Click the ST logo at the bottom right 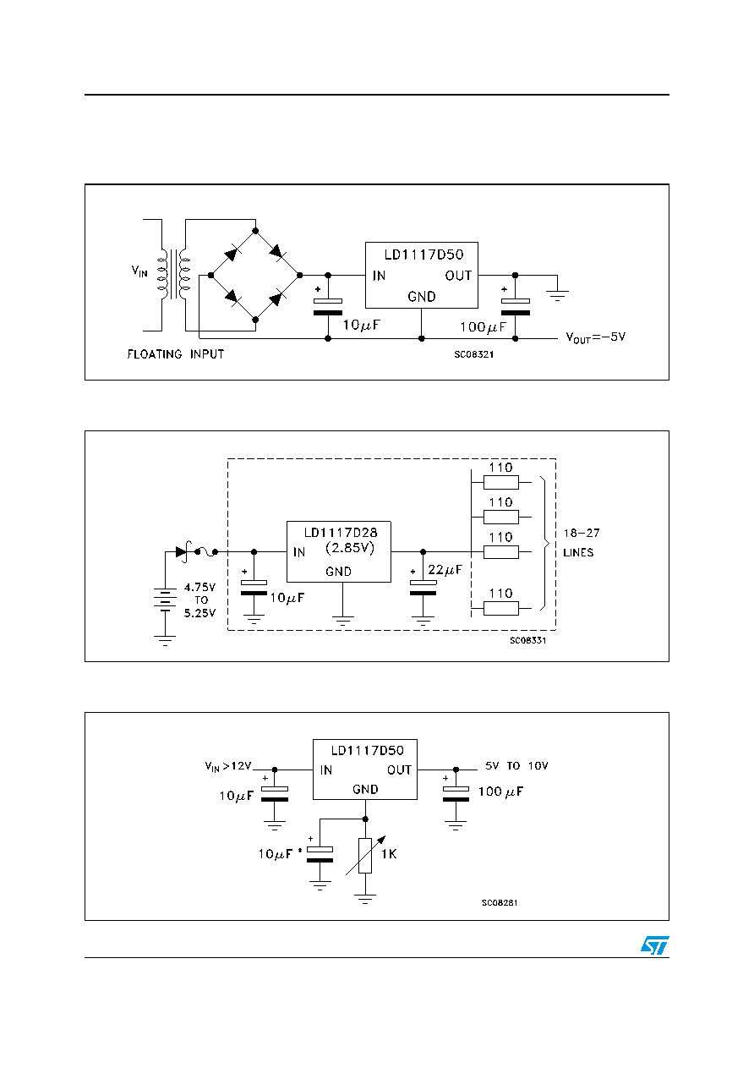pyautogui.click(x=654, y=945)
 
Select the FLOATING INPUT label pyautogui.click(x=175, y=354)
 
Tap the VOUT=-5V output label pyautogui.click(x=595, y=337)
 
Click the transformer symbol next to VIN pyautogui.click(x=173, y=275)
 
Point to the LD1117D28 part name pyautogui.click(x=341, y=532)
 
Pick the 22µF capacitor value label pyautogui.click(x=445, y=570)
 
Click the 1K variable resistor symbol pyautogui.click(x=365, y=856)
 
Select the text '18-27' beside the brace pyautogui.click(x=582, y=533)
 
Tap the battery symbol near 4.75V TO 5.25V pyautogui.click(x=165, y=600)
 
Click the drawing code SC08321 pyautogui.click(x=473, y=354)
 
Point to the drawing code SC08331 pyautogui.click(x=528, y=640)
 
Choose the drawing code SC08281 pyautogui.click(x=500, y=902)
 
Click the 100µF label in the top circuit pyautogui.click(x=483, y=327)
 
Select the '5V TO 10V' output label pyautogui.click(x=516, y=766)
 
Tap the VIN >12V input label pyautogui.click(x=228, y=766)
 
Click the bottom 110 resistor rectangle pyautogui.click(x=501, y=608)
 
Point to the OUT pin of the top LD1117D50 pyautogui.click(x=458, y=276)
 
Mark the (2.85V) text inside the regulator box pyautogui.click(x=350, y=548)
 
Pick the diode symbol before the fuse pyautogui.click(x=181, y=551)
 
